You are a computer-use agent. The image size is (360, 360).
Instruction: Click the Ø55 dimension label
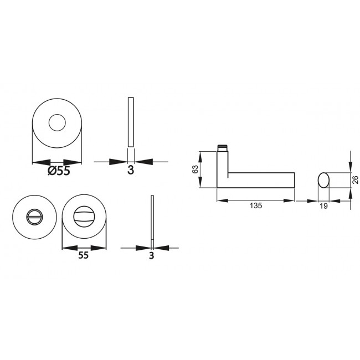pyautogui.click(x=59, y=171)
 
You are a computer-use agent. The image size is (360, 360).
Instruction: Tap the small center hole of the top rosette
pyautogui.click(x=57, y=124)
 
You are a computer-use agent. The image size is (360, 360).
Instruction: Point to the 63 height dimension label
pyautogui.click(x=195, y=170)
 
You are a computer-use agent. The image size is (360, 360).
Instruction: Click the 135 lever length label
pyautogui.click(x=255, y=205)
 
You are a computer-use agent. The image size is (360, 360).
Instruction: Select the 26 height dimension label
pyautogui.click(x=355, y=179)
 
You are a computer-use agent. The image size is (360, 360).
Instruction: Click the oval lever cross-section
pyautogui.click(x=324, y=180)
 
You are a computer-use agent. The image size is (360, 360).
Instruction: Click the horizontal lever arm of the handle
pyautogui.click(x=260, y=181)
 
